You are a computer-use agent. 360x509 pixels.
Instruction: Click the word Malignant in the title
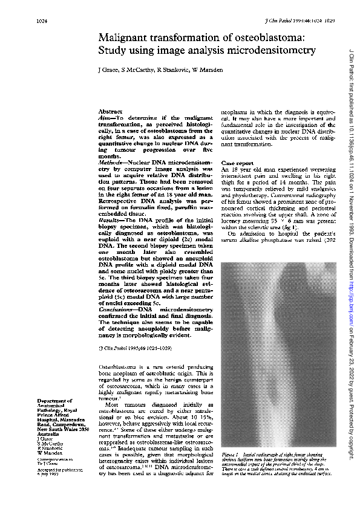coord(128,38)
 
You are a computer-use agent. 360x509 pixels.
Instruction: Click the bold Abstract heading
coord(110,111)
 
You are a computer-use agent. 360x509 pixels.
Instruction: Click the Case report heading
coord(237,163)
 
